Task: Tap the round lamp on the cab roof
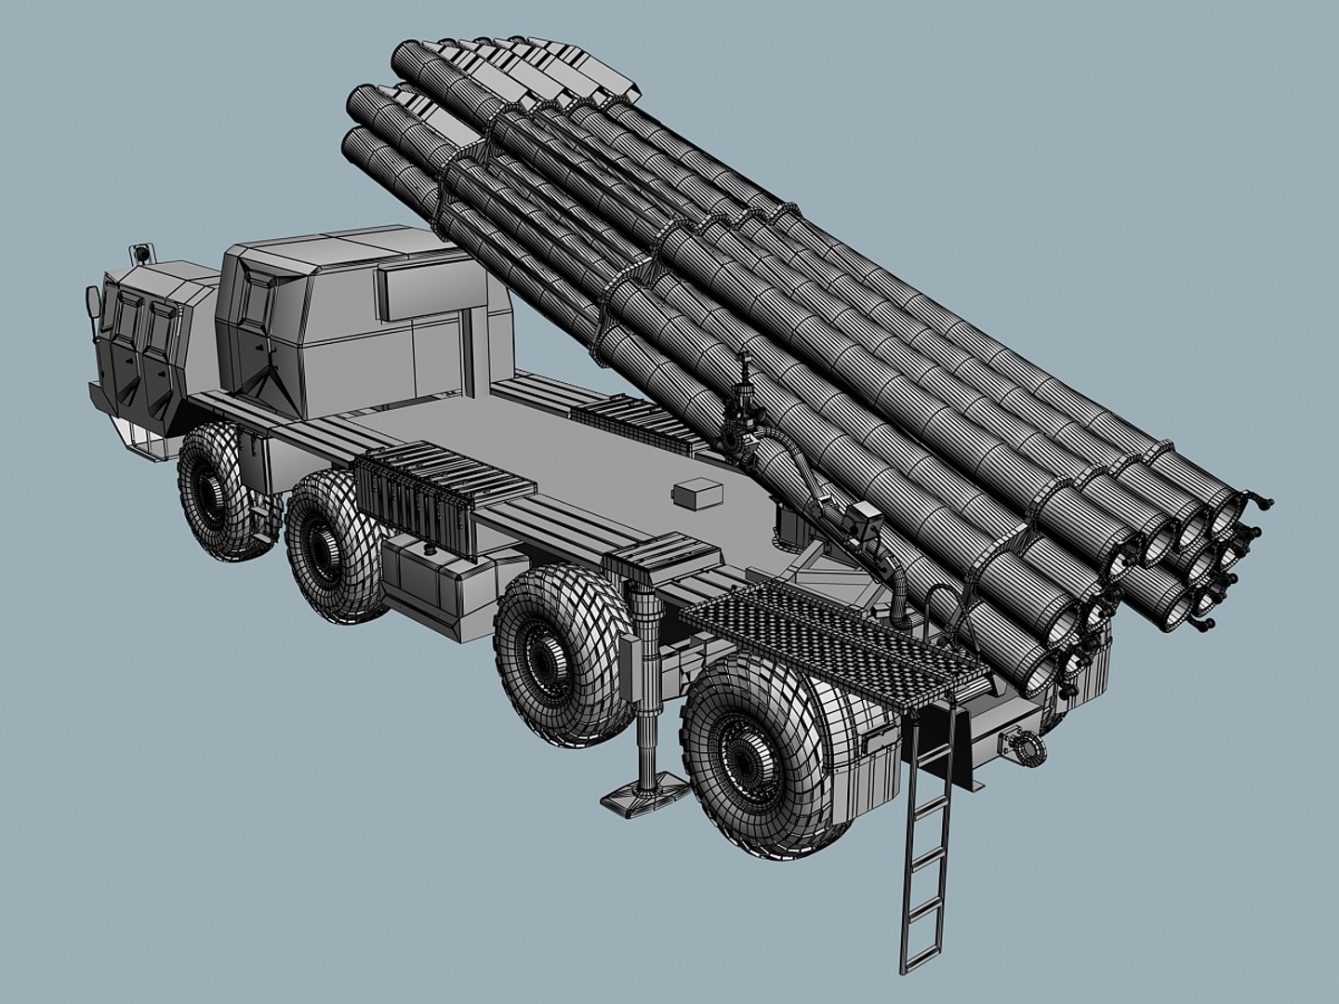[142, 251]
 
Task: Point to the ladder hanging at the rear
[927, 837]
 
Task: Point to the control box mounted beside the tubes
[866, 521]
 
